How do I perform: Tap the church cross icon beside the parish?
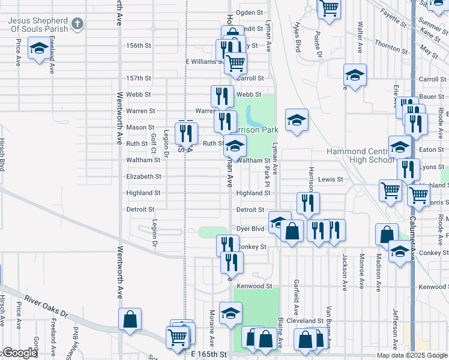[76, 24]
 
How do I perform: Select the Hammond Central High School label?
[361, 155]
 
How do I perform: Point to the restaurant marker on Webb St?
[222, 96]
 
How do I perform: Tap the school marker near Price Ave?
[40, 49]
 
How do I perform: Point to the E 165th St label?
[209, 355]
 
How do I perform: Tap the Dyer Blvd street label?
[250, 229]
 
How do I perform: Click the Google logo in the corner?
[20, 353]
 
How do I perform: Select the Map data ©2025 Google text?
[412, 355]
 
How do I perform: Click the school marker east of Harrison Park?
[297, 120]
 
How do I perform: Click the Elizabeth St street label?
[143, 176]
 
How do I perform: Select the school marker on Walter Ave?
[355, 75]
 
